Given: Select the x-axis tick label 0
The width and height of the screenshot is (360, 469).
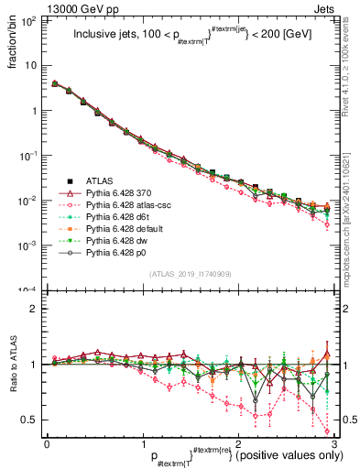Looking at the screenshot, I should [x=48, y=443].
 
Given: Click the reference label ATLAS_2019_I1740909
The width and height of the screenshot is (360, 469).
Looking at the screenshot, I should [x=190, y=275].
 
